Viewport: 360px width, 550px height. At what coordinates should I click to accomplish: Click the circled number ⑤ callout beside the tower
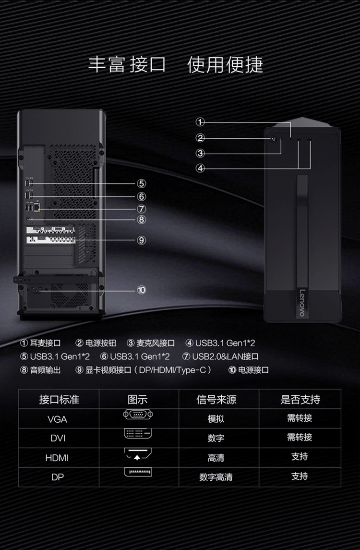141,183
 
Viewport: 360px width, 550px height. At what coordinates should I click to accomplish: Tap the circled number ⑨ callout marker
141,240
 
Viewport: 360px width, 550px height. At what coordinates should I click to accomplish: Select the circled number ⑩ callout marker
141,290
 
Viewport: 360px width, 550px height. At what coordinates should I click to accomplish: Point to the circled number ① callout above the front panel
201,122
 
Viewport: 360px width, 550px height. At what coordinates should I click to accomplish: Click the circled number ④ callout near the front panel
201,168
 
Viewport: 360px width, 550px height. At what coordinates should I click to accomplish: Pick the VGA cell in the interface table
58,419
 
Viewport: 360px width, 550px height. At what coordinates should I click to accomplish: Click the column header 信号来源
216,399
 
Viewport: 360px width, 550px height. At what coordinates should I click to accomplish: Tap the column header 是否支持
300,399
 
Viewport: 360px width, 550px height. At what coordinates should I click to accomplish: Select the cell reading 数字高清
216,477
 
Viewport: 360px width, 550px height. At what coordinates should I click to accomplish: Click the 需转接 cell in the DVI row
300,437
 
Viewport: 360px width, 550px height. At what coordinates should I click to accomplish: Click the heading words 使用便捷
225,65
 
